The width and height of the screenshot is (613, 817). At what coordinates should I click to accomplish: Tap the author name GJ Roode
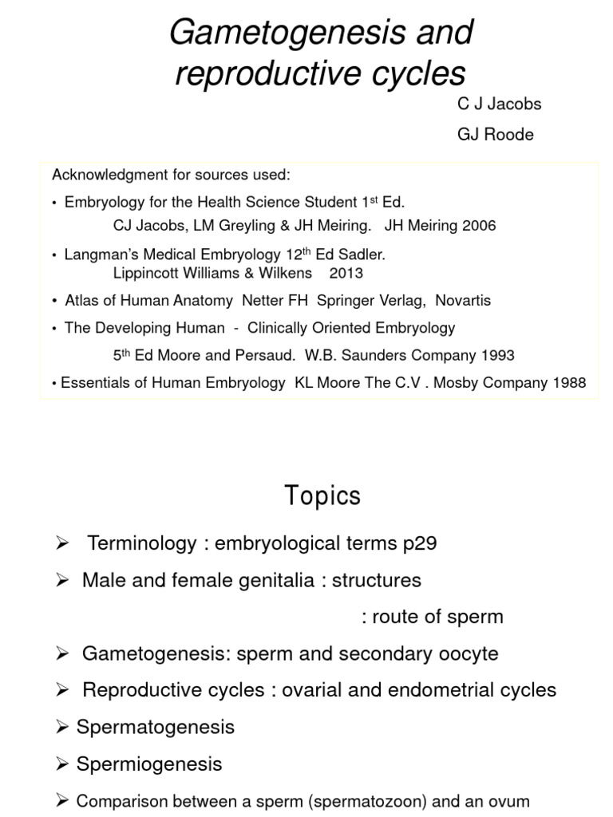[495, 134]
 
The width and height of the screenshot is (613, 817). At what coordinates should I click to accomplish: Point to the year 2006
[479, 226]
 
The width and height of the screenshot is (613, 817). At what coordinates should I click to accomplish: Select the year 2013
[345, 273]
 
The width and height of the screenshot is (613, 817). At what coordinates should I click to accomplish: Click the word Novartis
[461, 301]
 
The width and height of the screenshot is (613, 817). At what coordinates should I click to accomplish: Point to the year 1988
[568, 383]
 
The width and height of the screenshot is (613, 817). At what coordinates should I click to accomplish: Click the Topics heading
[322, 496]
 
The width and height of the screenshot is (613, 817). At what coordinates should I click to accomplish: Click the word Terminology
[141, 544]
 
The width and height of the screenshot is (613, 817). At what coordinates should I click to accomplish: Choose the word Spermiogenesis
[149, 764]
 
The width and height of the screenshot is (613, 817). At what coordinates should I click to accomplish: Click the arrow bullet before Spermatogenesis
[64, 727]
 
